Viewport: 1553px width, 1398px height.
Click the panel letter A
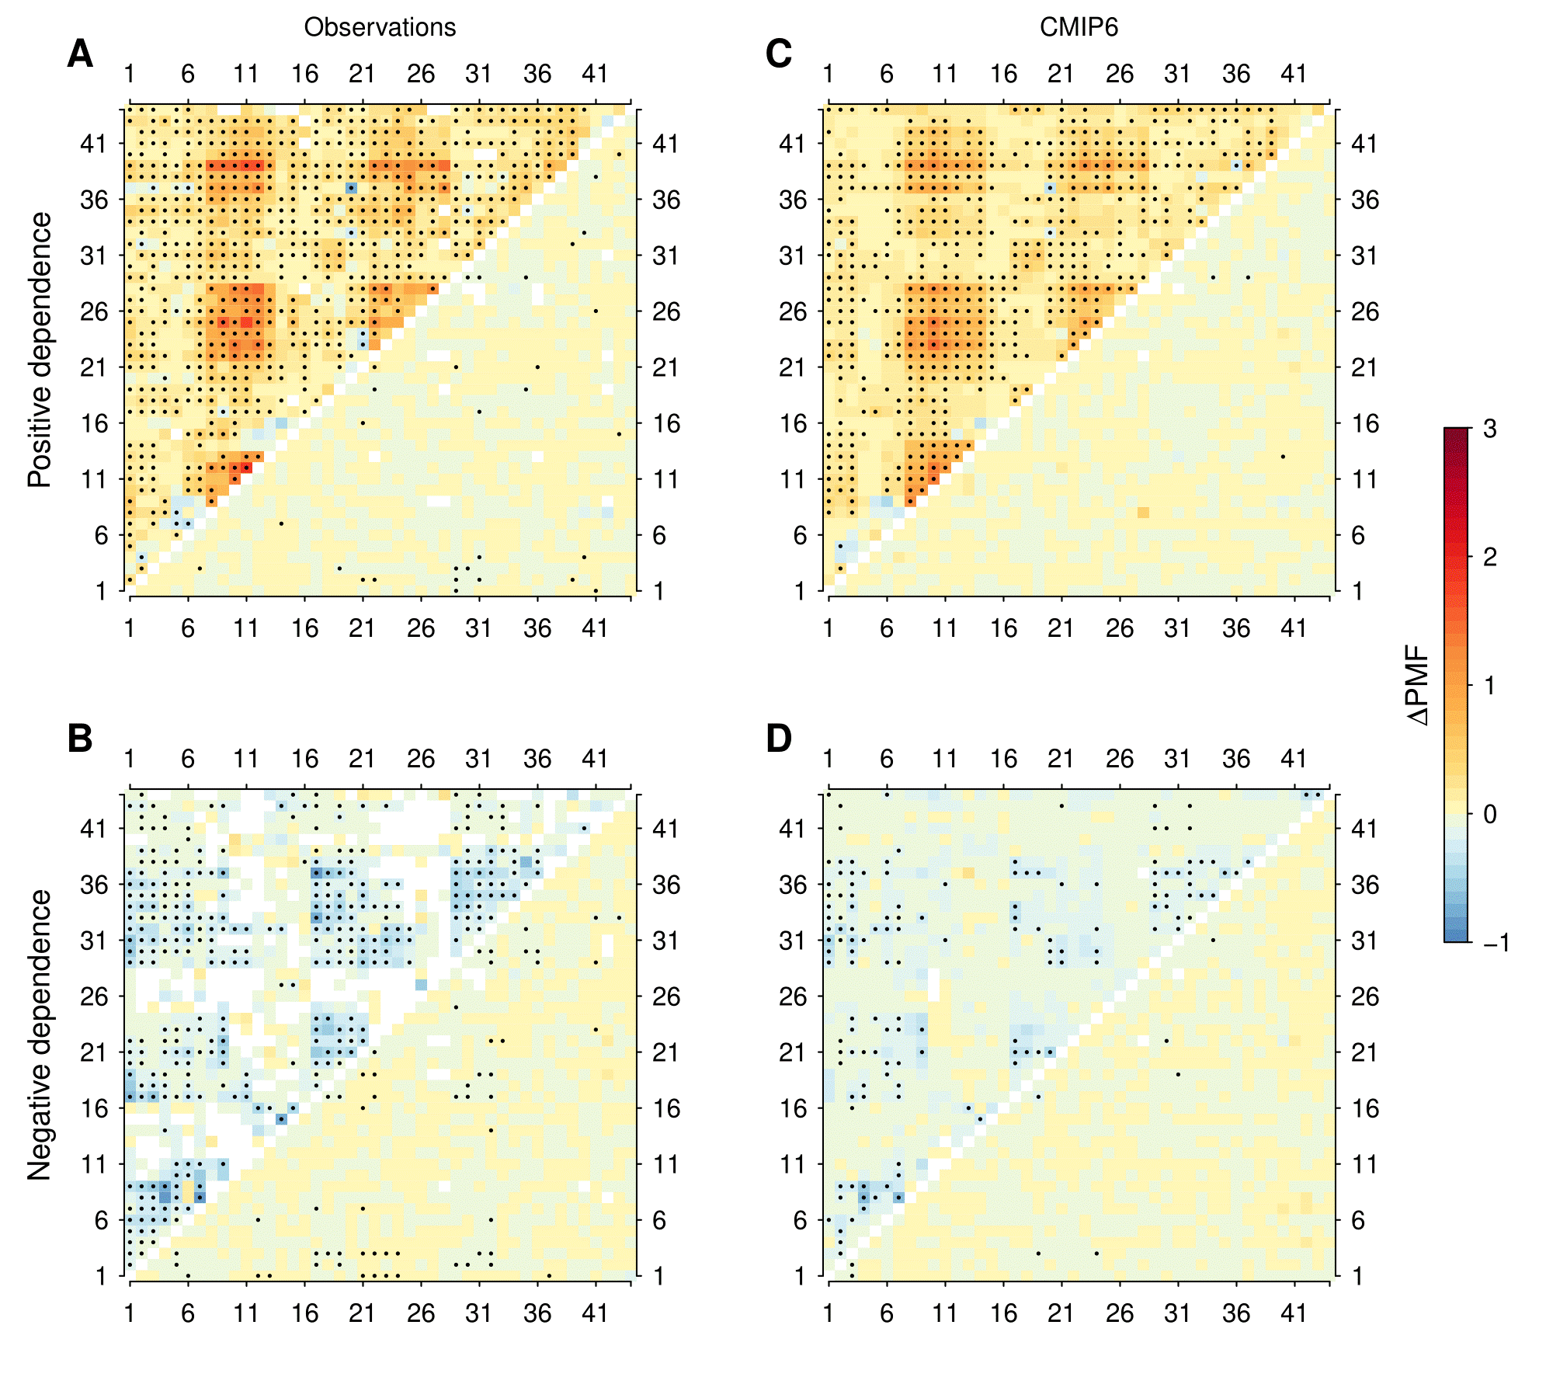(80, 54)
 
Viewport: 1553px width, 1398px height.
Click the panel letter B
(80, 739)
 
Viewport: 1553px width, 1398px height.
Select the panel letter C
(779, 54)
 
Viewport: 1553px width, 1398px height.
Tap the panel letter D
(779, 739)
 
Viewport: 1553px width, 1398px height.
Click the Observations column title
(380, 27)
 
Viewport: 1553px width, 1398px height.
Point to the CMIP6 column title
(1079, 27)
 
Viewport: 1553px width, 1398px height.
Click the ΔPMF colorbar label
(1418, 685)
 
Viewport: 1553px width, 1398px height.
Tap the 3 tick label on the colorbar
(1489, 429)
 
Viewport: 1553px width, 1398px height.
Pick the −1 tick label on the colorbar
(1496, 942)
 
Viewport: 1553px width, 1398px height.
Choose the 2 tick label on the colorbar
(1489, 557)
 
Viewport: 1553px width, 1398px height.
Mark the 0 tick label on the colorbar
(1489, 814)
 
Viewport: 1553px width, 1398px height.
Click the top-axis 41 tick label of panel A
(596, 74)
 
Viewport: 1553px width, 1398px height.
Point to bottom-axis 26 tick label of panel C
(1120, 628)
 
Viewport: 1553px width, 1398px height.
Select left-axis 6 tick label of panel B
(102, 1220)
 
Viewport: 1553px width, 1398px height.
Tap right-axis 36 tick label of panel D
(1365, 885)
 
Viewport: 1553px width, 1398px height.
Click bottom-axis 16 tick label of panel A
(304, 628)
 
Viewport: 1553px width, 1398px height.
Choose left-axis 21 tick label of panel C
(793, 367)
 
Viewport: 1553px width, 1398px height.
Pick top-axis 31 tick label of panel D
(1178, 759)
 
